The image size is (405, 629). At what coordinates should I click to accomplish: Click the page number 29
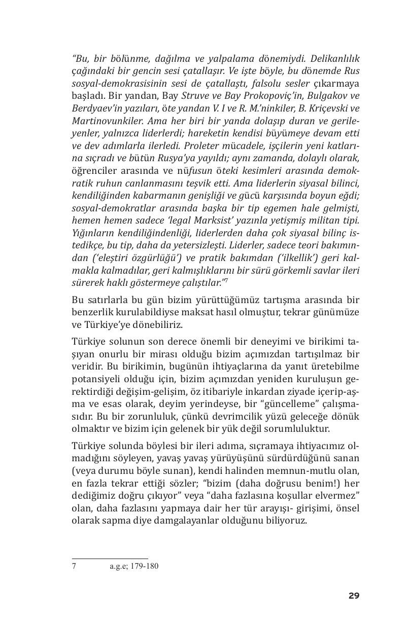354,596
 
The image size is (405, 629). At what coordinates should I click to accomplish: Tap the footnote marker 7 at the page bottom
74,566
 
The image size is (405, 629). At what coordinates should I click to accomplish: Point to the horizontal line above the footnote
110,559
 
